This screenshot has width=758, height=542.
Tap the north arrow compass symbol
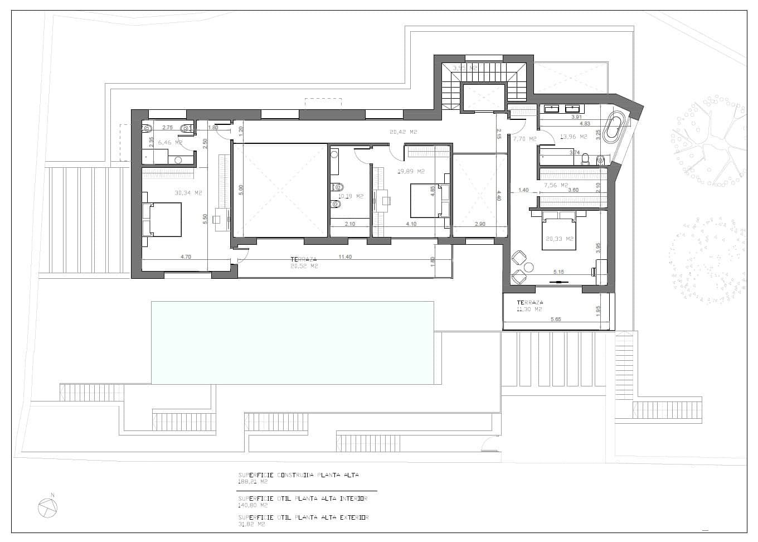pos(48,507)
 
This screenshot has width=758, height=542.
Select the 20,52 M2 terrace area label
pos(304,267)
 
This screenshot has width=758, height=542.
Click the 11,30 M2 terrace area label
pos(529,309)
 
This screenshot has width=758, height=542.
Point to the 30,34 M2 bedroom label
pos(188,193)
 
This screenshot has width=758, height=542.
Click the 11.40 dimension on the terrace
pos(345,257)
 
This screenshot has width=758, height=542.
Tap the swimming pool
pos(293,342)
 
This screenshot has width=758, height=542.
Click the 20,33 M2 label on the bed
pos(560,239)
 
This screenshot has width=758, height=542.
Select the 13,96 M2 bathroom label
pos(574,137)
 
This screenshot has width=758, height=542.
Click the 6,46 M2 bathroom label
pos(170,143)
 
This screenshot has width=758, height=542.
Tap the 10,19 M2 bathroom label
pos(351,196)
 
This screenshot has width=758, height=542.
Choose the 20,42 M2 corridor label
pos(404,132)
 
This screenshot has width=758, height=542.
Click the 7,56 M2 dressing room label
pos(556,185)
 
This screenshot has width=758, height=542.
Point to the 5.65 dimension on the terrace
pos(556,319)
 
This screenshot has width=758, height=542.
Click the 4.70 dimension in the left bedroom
pos(186,257)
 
